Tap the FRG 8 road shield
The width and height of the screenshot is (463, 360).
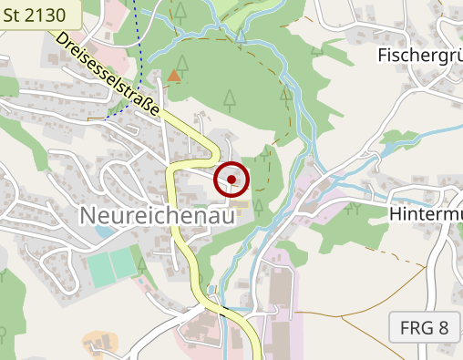click(424, 327)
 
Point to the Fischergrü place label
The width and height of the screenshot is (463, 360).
click(419, 55)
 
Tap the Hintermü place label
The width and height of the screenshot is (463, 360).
click(425, 212)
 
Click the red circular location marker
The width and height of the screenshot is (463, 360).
click(231, 180)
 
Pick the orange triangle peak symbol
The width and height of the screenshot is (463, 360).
click(174, 77)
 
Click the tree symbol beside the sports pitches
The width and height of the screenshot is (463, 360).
click(142, 265)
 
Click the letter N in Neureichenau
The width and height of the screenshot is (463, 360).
click(90, 216)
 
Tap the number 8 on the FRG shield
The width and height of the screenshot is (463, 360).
click(443, 327)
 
